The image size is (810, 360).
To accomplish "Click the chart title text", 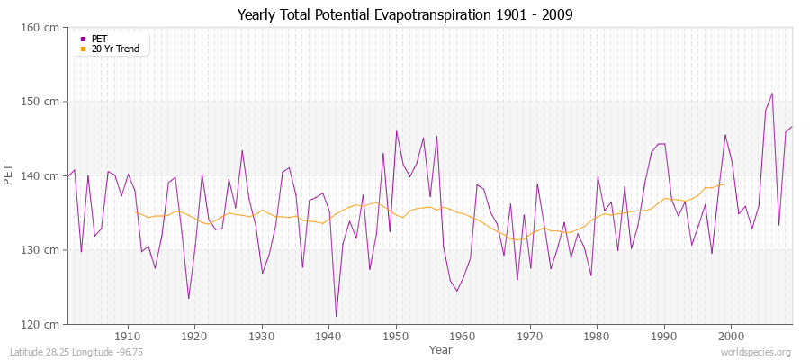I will coord(404,14).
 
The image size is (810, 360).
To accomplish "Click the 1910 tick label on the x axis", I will coord(128,337).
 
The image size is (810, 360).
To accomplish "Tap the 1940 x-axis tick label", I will coord(328,337).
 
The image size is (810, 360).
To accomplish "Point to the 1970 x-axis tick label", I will coord(530,337).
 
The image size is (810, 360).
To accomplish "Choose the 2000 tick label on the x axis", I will coord(731,337).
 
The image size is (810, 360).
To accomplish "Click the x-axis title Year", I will coord(440,349).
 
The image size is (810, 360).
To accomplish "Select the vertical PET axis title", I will coord(9,175).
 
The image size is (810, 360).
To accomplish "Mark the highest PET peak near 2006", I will coord(771,93).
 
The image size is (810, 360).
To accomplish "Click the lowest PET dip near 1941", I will coord(336,317).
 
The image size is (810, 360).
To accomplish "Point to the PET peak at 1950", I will coord(396,131).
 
